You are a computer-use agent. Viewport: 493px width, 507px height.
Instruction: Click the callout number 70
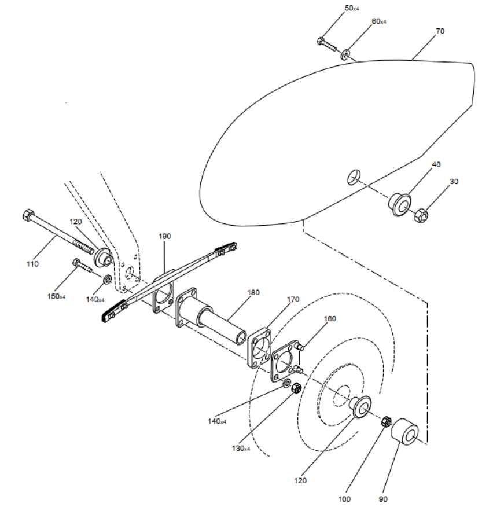coord(440,31)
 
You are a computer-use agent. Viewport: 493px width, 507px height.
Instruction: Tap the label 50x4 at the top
coord(352,9)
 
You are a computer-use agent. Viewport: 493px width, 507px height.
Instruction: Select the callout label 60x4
coord(379,21)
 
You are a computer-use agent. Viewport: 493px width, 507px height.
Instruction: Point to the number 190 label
coord(164,236)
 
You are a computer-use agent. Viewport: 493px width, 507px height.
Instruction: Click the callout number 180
coord(253,293)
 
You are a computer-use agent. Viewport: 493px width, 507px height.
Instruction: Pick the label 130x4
coord(241,449)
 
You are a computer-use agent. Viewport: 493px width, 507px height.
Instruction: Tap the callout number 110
coord(32,264)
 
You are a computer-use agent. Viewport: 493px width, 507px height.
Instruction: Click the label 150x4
coord(56,296)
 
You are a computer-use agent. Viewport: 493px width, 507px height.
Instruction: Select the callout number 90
coord(383,499)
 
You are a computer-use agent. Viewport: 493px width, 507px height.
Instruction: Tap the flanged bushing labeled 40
coord(400,204)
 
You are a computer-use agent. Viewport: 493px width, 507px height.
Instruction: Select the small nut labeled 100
coord(386,422)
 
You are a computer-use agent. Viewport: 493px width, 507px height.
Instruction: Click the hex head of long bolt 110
coord(28,215)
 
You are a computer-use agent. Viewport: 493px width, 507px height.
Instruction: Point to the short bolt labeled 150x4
coord(82,266)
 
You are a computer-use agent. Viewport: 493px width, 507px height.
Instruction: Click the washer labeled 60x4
coord(346,54)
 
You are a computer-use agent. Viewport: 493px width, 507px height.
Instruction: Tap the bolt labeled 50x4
coord(326,45)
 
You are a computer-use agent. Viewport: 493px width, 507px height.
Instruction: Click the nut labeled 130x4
coord(296,388)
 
